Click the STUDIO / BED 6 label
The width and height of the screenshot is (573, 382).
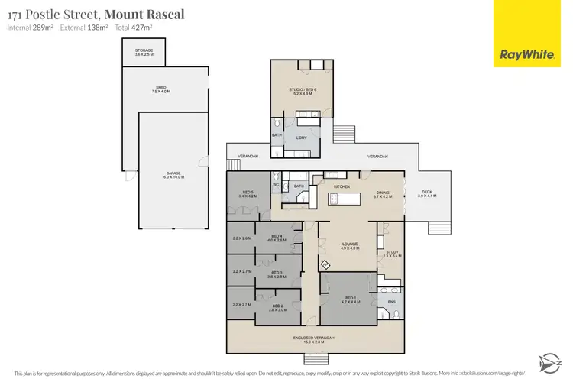coord(301,92)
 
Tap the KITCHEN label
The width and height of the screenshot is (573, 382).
coord(341,186)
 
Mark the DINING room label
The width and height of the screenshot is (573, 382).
coord(383,194)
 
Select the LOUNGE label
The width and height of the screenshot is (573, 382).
coord(350,245)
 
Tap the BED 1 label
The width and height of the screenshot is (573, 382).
coord(349,299)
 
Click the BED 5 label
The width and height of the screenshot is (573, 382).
coord(248,194)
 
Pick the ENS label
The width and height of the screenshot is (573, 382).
coord(392,302)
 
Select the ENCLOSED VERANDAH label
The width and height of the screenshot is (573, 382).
coord(313,337)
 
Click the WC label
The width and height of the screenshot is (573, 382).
coord(275,184)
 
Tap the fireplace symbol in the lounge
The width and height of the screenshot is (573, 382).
coord(324,265)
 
